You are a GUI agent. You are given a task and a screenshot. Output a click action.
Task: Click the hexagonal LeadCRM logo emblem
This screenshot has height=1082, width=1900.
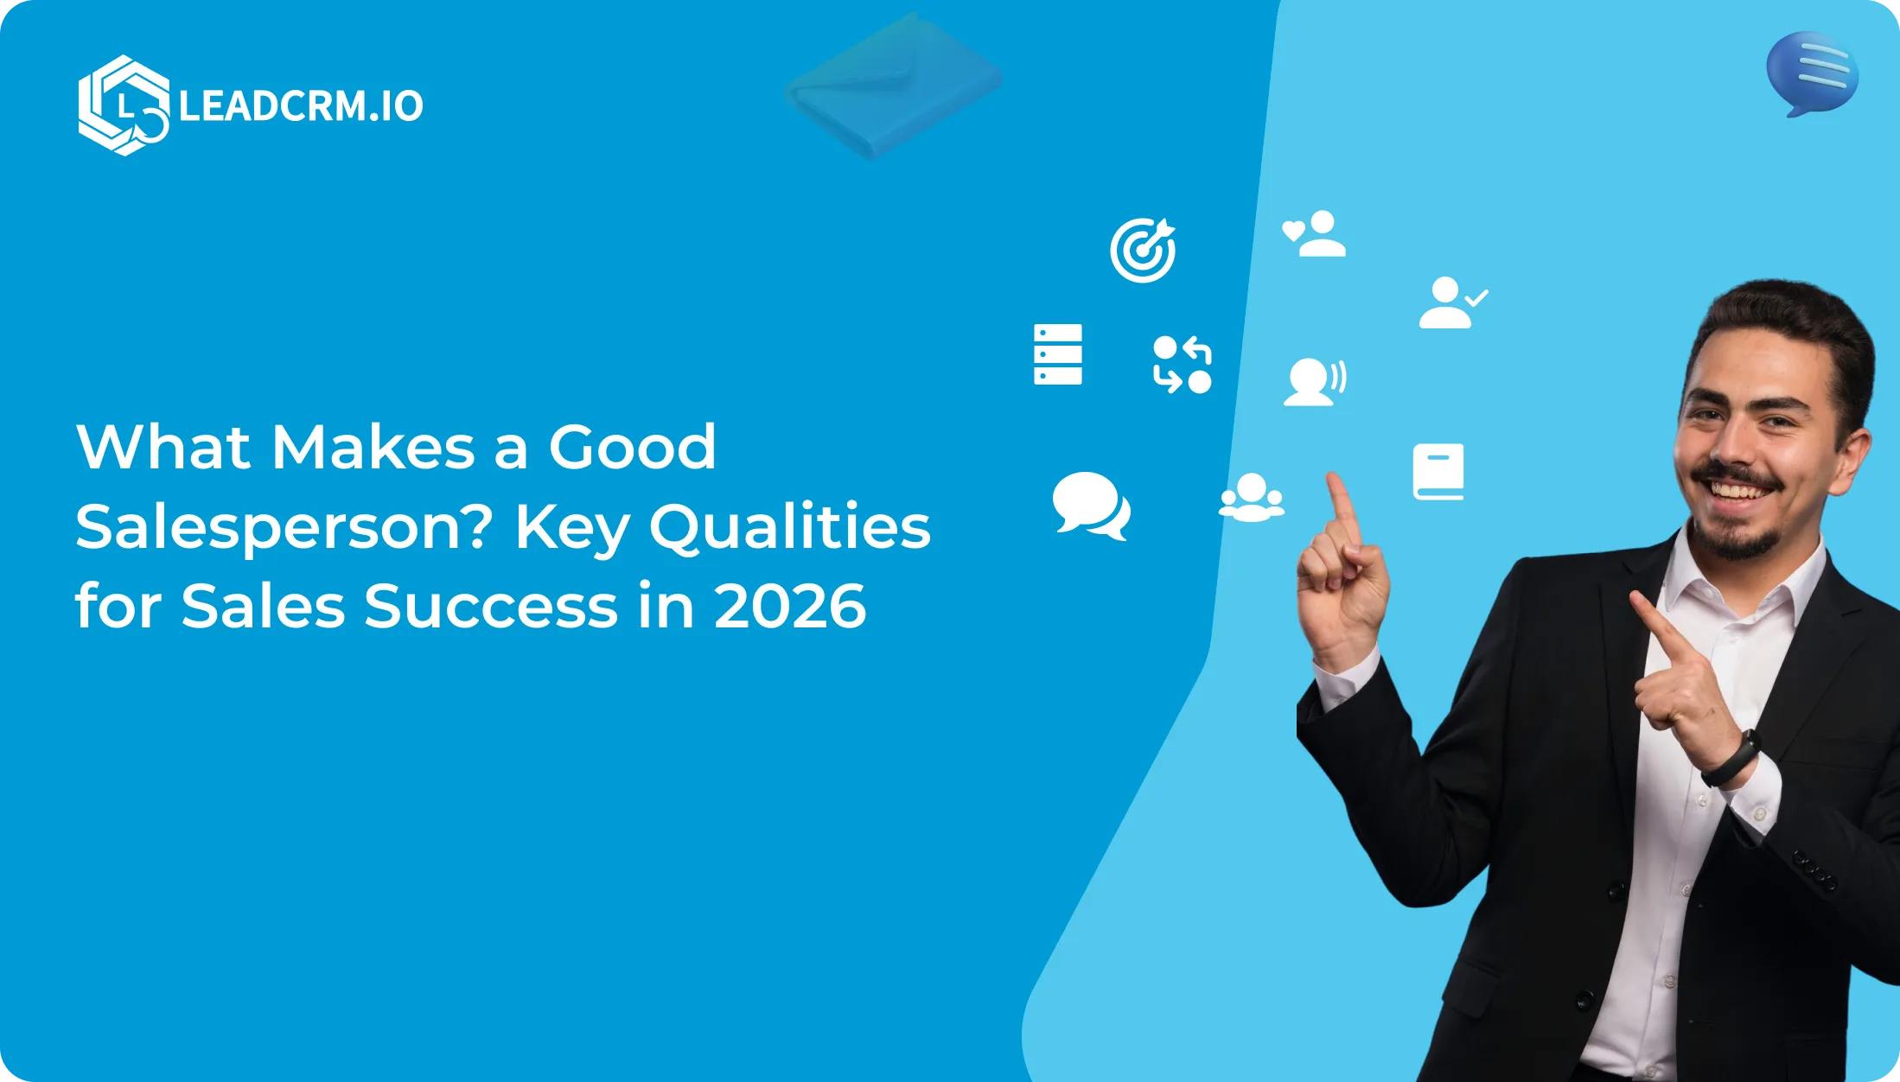tap(124, 105)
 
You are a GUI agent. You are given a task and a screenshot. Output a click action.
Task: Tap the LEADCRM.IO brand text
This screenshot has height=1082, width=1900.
tap(301, 106)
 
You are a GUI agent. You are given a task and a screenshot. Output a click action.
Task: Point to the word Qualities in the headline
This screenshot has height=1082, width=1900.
tap(790, 527)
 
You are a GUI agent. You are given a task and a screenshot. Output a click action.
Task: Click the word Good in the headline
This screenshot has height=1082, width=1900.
tap(633, 447)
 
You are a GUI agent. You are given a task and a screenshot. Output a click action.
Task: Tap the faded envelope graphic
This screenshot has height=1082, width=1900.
tap(894, 86)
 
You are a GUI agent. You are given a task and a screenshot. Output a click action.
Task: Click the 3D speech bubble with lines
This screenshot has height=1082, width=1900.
tap(1812, 74)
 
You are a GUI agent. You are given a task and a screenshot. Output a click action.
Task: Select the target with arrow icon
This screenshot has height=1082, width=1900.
tap(1143, 250)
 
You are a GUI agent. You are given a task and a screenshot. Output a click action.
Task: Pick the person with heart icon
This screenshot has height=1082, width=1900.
tap(1314, 233)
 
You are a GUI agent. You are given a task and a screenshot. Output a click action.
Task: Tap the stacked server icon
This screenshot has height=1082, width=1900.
tap(1058, 354)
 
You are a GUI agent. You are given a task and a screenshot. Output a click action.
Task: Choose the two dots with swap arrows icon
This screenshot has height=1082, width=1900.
tap(1183, 365)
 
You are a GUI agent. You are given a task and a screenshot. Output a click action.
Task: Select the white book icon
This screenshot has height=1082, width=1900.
tap(1438, 472)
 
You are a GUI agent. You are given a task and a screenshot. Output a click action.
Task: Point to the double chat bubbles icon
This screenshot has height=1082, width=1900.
tap(1091, 506)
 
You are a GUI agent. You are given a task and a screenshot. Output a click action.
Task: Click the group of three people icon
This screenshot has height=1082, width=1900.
tap(1251, 498)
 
